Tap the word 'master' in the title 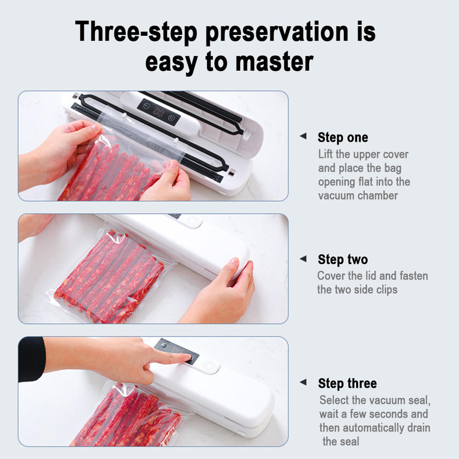tap(274, 62)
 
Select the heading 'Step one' tap(343, 137)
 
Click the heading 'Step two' tap(343, 259)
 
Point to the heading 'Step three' tap(348, 383)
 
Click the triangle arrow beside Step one tap(303, 136)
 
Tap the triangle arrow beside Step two tap(303, 259)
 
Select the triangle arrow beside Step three tap(303, 382)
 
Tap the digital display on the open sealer tap(159, 111)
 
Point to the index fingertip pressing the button tap(187, 357)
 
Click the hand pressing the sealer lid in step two tap(222, 293)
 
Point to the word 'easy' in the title tap(171, 63)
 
